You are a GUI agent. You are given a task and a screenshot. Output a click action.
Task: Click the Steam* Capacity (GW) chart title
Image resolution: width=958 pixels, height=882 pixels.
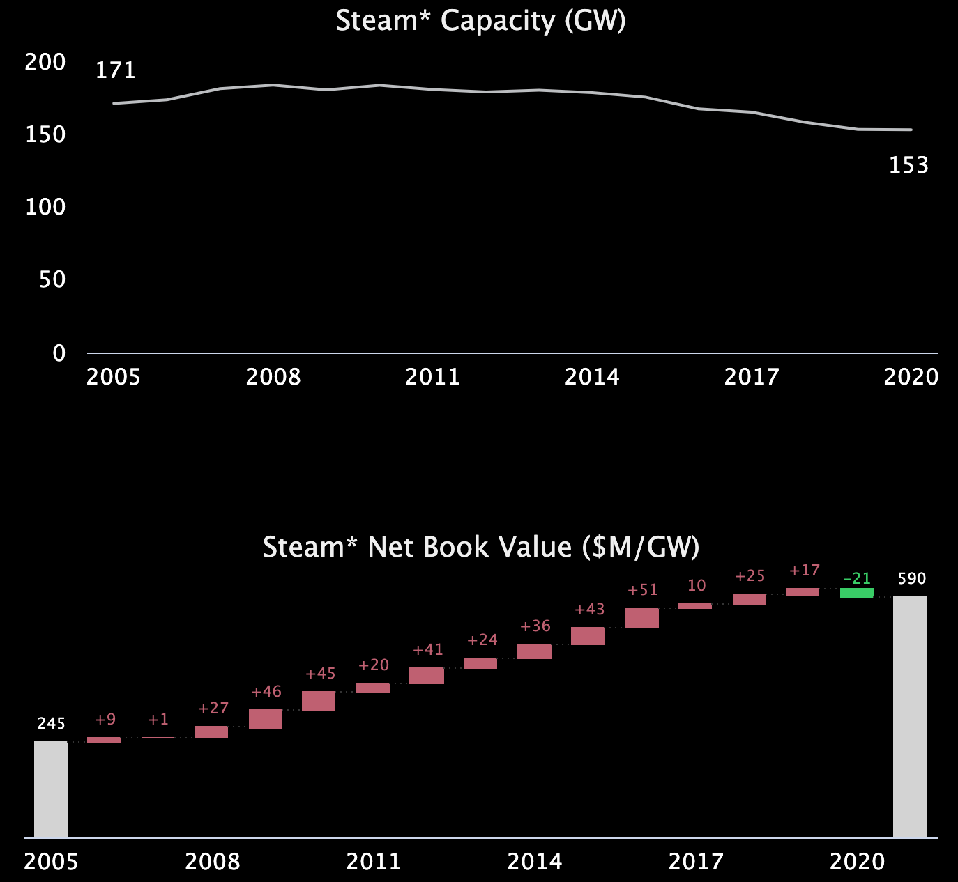[x=480, y=21]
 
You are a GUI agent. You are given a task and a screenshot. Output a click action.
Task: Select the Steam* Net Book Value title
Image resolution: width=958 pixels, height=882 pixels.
[x=480, y=548]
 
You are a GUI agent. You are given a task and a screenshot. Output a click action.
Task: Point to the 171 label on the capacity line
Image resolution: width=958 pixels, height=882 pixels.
[x=115, y=70]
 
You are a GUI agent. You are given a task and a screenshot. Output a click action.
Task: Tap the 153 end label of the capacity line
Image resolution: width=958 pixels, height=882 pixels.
[x=908, y=165]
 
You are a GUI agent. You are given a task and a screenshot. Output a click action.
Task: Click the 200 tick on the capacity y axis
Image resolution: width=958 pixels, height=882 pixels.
[x=45, y=62]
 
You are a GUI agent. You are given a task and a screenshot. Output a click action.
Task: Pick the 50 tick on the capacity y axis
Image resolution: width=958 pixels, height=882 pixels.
[x=52, y=279]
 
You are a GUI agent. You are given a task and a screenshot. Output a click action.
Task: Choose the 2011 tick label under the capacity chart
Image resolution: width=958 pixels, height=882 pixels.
[x=432, y=377]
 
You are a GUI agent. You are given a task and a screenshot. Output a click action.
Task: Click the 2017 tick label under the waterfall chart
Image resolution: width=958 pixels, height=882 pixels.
[x=696, y=862]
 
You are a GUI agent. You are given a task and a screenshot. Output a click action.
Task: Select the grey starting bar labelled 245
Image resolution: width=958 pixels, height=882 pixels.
[x=51, y=789]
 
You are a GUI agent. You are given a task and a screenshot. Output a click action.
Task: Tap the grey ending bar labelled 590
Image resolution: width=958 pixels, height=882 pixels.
[x=910, y=716]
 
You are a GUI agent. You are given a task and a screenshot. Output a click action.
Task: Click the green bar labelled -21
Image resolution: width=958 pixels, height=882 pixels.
[x=857, y=593]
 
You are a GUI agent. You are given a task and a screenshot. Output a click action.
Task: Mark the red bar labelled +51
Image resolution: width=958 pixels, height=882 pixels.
[x=642, y=618]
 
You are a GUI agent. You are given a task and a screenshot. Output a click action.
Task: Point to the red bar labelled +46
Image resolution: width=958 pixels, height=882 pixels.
[x=266, y=719]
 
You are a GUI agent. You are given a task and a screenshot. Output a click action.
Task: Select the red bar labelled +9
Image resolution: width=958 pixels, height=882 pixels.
[x=104, y=740]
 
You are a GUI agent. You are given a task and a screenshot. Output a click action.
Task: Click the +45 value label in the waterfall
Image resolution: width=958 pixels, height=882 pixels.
[x=321, y=674]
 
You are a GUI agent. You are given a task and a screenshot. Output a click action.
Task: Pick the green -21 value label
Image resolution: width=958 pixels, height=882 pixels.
[x=857, y=579]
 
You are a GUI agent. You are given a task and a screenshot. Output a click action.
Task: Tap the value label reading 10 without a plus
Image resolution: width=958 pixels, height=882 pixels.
[x=697, y=586]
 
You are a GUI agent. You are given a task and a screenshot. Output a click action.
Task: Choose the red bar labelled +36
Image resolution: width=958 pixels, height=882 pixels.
[x=534, y=651]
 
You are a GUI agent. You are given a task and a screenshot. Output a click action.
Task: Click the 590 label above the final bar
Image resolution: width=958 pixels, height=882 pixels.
[x=911, y=579]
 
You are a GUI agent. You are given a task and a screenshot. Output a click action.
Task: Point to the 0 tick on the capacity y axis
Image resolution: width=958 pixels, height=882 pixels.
[x=59, y=353]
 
